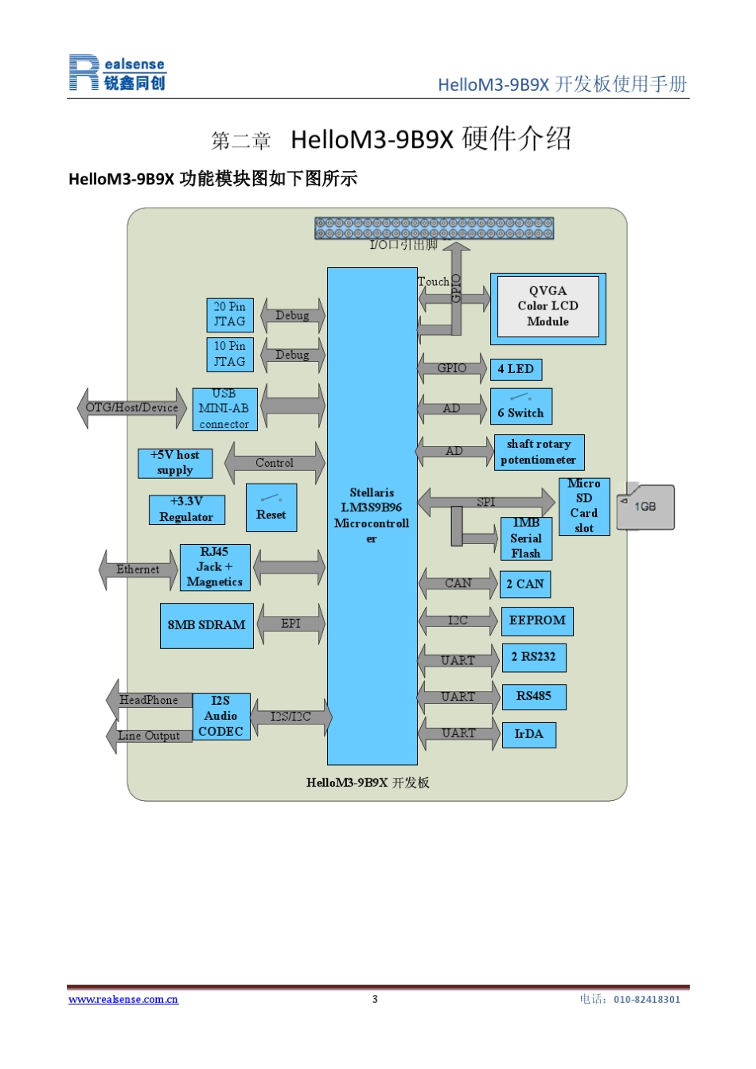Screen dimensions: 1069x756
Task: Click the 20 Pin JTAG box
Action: coord(230,315)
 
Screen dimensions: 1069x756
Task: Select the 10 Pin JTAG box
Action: coord(230,354)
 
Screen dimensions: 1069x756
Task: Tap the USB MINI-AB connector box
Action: coord(224,409)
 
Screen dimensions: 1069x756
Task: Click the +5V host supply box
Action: coord(175,463)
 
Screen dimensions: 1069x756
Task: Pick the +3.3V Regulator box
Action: coord(186,510)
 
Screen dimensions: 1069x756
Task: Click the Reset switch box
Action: coord(271,507)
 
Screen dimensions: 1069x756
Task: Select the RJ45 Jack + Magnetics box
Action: coord(215,567)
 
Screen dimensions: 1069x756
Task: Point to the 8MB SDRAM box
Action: coord(206,625)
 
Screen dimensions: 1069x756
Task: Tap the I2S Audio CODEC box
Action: coord(221,716)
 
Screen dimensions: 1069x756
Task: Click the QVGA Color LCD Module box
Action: coord(548,308)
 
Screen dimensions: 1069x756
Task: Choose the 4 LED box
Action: coord(516,369)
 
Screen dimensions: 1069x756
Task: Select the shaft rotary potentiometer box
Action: coord(539,452)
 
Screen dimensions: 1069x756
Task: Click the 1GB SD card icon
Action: coord(645,506)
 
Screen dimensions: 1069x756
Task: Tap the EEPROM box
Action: coord(537,620)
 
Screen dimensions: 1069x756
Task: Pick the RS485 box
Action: coord(533,696)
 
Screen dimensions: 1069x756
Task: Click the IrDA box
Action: coord(528,734)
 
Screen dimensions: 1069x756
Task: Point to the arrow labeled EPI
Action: coord(290,624)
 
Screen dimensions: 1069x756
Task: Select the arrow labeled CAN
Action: coord(458,584)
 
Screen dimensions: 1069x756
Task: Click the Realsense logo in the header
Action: coord(117,72)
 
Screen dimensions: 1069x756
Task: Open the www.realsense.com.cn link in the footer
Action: coord(123,1000)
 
